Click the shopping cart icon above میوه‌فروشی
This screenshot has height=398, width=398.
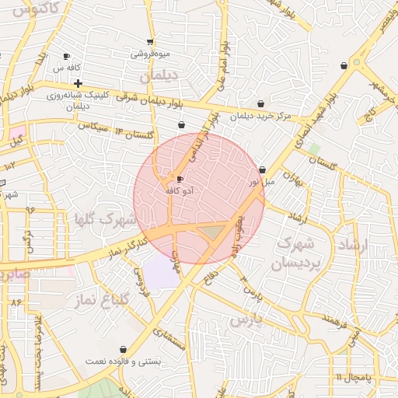coord(150,42)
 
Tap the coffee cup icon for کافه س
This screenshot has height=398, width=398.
coord(66,56)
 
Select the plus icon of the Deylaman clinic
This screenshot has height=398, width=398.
coord(79,83)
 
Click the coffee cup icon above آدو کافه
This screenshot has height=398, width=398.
coord(181,179)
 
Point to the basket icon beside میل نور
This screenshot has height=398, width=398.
coord(262,169)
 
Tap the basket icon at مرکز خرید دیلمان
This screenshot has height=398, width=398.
coord(260,103)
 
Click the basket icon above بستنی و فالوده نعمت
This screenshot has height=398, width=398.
coord(124,349)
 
